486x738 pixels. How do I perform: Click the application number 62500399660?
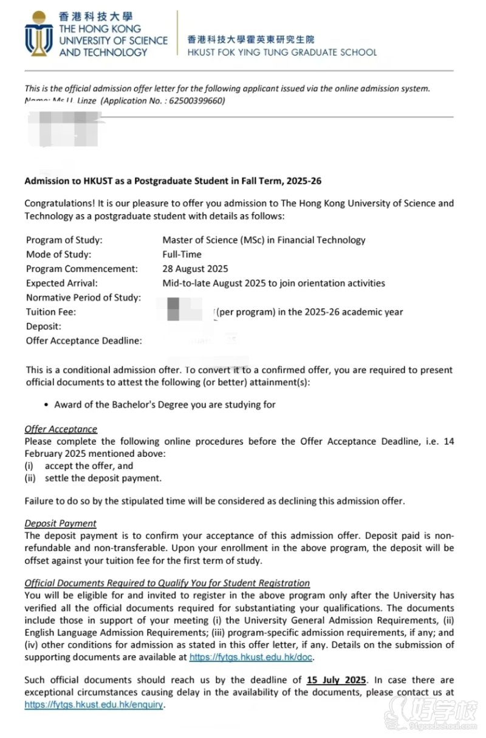pyautogui.click(x=197, y=101)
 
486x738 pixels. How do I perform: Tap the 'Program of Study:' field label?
pyautogui.click(x=64, y=240)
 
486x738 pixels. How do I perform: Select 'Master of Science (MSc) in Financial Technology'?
pyautogui.click(x=264, y=240)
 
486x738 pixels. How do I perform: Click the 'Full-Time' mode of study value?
pyautogui.click(x=182, y=255)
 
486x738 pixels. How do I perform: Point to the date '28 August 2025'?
pyautogui.click(x=195, y=268)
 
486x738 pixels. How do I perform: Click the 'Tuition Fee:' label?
pyautogui.click(x=51, y=312)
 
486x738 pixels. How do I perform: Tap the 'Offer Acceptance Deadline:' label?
pyautogui.click(x=84, y=341)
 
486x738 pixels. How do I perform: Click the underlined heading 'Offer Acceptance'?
pyautogui.click(x=61, y=429)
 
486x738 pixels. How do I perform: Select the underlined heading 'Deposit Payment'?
pyautogui.click(x=60, y=523)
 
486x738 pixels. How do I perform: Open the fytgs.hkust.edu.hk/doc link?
pyautogui.click(x=251, y=657)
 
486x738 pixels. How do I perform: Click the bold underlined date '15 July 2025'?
pyautogui.click(x=337, y=680)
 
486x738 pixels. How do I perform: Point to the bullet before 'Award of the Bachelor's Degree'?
pyautogui.click(x=47, y=405)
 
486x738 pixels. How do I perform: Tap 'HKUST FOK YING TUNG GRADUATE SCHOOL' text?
pyautogui.click(x=282, y=52)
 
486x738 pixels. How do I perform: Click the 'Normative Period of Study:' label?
pyautogui.click(x=83, y=298)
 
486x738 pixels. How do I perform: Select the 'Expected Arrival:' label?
pyautogui.click(x=62, y=283)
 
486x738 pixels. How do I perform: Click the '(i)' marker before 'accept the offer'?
pyautogui.click(x=30, y=466)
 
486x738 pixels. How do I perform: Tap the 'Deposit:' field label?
pyautogui.click(x=44, y=327)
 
